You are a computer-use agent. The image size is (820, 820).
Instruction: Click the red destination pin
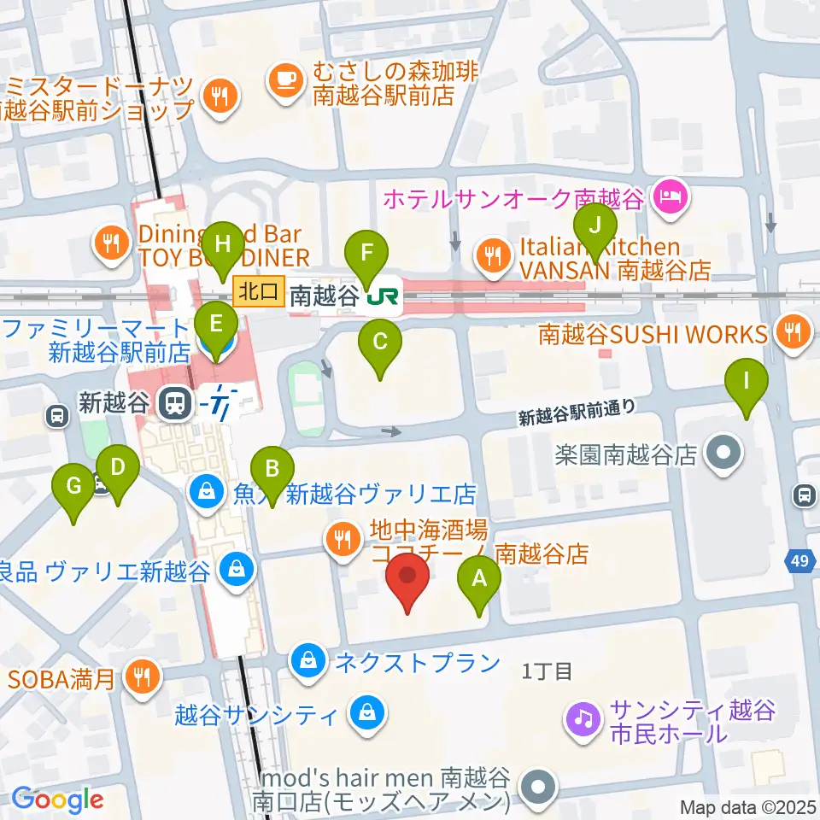pos(408,577)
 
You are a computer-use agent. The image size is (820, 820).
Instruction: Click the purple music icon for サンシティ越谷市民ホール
pos(583,717)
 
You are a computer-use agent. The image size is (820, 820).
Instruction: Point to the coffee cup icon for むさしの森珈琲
pos(284,81)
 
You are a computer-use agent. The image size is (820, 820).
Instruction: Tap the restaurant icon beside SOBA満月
pos(138,677)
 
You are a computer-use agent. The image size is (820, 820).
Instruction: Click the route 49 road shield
pos(799,561)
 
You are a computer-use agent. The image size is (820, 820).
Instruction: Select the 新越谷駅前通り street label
pos(577,413)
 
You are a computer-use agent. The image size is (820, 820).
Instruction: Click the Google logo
pos(58,799)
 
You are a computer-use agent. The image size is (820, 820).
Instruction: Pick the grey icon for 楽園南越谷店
pos(724,453)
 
